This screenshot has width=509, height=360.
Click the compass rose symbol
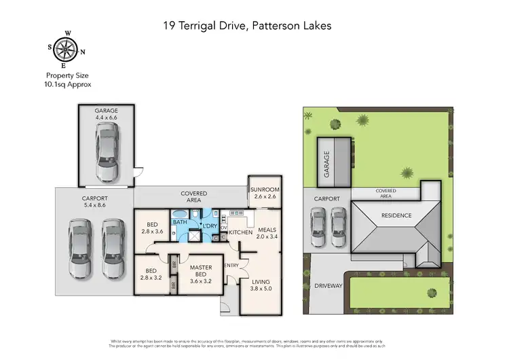[x=66, y=49]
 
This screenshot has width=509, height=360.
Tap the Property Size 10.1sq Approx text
[x=68, y=80]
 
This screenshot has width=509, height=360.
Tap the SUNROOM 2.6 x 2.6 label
[x=265, y=193]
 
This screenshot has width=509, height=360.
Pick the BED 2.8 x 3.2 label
[x=152, y=274]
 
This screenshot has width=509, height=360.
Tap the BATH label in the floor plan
[x=180, y=222]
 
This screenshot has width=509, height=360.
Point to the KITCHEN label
[x=240, y=233]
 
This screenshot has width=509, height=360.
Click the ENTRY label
[x=231, y=265]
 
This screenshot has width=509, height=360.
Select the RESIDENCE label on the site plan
[x=396, y=215]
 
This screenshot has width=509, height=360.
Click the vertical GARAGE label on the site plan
[x=326, y=164]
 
